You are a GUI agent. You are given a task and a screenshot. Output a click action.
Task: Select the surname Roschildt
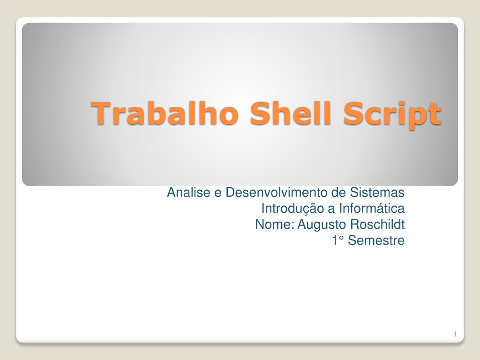pos(377,225)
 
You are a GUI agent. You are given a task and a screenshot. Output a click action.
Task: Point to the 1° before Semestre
pos(338,241)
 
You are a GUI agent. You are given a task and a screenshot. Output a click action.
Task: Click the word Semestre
pos(376,241)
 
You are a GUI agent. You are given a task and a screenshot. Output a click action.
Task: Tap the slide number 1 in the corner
pos(455,334)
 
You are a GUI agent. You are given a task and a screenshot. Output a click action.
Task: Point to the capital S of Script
pos(352,112)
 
